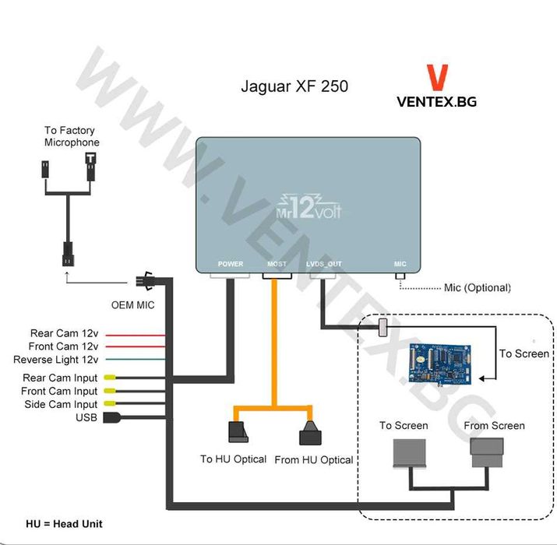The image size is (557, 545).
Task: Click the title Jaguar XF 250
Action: click(x=294, y=86)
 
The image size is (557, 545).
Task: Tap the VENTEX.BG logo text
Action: click(x=436, y=101)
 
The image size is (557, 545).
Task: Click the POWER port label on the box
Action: click(x=231, y=264)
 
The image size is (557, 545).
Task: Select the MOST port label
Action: click(x=277, y=264)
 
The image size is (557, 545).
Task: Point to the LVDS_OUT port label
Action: click(x=324, y=264)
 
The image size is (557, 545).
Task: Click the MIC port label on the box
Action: click(x=400, y=264)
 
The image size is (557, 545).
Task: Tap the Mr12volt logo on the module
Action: click(x=309, y=207)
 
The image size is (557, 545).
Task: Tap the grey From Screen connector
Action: click(x=488, y=451)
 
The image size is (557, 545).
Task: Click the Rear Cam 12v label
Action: click(x=64, y=334)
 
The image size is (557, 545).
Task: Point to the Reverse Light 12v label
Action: click(x=56, y=360)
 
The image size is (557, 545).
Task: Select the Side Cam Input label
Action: click(x=59, y=404)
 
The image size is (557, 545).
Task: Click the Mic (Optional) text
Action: click(x=477, y=288)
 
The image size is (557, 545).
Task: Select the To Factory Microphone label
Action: click(x=72, y=137)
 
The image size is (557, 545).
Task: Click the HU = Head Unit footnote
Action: click(x=64, y=524)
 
